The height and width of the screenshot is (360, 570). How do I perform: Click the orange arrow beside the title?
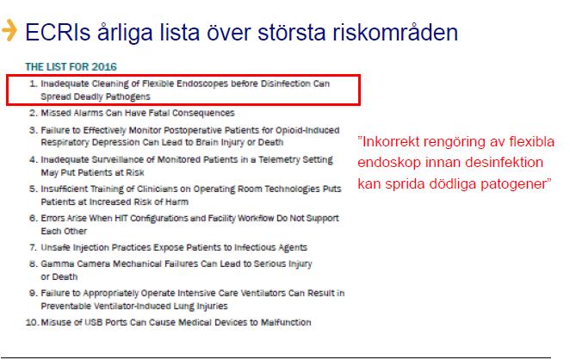(9, 30)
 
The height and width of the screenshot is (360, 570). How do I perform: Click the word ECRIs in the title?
(58, 32)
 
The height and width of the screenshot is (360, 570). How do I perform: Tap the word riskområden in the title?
(395, 32)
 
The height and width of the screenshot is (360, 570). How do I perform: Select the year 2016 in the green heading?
(104, 67)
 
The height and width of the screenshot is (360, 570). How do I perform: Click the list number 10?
(32, 323)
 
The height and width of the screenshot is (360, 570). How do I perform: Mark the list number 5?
(33, 189)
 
